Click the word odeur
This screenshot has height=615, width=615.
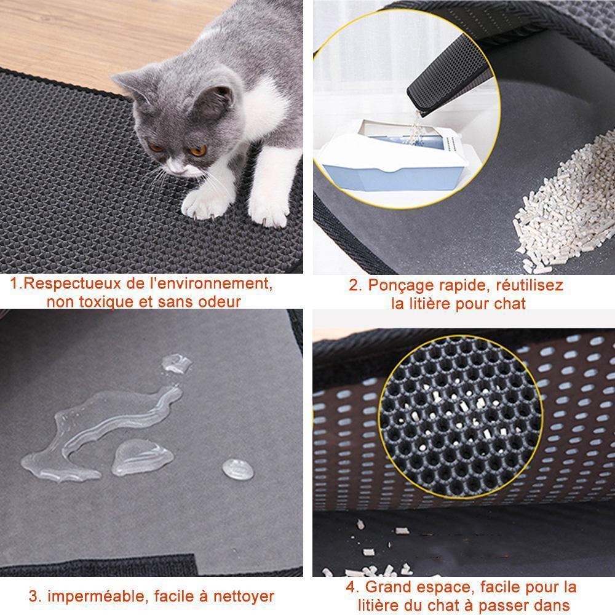pyautogui.click(x=219, y=301)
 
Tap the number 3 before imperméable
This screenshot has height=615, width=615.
pyautogui.click(x=34, y=596)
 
